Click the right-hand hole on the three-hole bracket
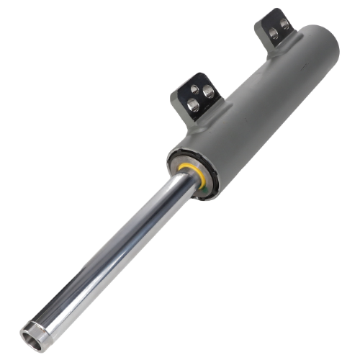(208, 92)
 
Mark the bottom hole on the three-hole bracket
(193, 105)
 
